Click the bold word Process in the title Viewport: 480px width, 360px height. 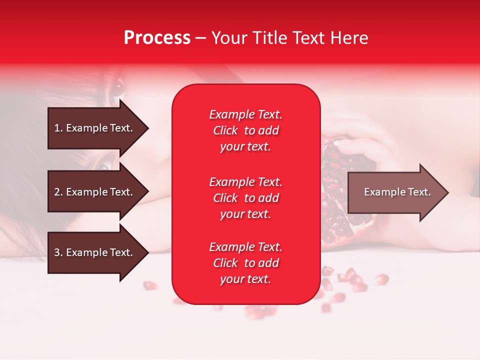(157, 38)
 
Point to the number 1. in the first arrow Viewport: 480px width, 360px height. (58, 128)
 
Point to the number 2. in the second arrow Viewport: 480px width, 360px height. (58, 192)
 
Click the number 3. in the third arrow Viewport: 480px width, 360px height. (58, 252)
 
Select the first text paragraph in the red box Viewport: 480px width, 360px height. (245, 130)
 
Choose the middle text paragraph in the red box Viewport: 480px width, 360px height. (245, 198)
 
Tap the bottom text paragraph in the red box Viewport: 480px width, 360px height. (245, 263)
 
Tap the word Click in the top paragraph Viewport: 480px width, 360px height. (225, 130)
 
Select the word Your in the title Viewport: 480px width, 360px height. (228, 38)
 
